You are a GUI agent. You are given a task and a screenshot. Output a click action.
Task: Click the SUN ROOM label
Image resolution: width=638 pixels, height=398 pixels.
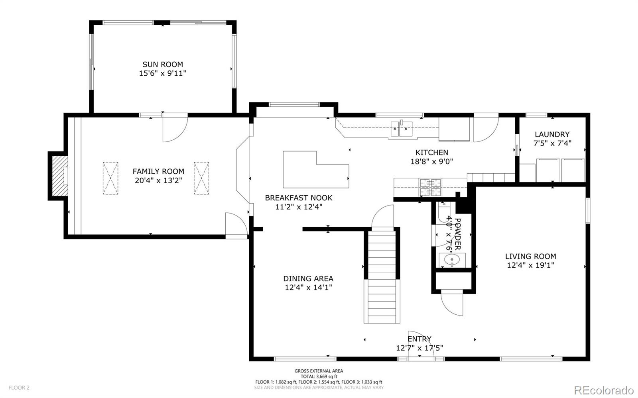[163, 64]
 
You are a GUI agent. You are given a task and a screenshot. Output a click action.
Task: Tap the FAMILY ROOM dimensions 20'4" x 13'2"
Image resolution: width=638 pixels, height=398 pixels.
[158, 180]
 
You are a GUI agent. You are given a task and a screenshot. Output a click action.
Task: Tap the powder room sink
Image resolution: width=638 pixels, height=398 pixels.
[452, 260]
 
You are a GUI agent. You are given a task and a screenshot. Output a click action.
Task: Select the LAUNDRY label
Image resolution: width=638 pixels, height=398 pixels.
[552, 135]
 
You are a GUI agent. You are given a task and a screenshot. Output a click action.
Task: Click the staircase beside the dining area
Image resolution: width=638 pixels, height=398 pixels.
[382, 277]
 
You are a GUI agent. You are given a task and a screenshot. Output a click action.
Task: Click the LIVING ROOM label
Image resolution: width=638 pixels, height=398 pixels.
[530, 256]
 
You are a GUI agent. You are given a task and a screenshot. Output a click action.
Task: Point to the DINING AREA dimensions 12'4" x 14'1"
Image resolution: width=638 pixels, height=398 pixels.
[308, 287]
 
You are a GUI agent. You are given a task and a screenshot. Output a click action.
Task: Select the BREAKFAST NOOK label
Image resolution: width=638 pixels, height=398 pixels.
[298, 198]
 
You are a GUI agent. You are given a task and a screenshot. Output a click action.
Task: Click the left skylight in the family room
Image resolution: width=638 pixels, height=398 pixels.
[110, 178]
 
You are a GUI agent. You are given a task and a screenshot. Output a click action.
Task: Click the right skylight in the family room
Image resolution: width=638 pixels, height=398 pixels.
[201, 178]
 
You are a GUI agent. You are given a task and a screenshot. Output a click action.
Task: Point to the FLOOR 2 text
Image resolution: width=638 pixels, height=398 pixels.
[19, 388]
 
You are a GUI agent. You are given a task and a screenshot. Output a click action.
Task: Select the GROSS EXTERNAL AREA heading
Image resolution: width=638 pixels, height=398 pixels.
[319, 371]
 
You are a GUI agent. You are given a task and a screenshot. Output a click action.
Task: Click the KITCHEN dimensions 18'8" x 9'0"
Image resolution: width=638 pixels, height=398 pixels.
[431, 161]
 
